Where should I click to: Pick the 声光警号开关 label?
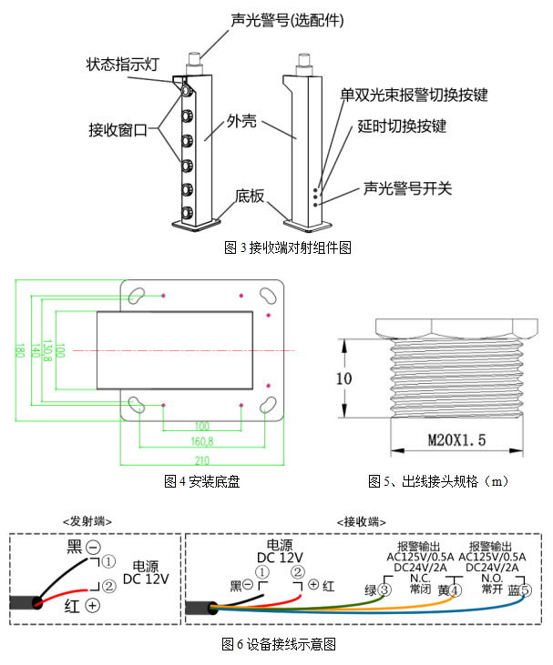[407, 188]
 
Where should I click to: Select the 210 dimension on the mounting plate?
[202, 459]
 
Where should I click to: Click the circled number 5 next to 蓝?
[526, 590]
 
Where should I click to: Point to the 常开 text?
[493, 589]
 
